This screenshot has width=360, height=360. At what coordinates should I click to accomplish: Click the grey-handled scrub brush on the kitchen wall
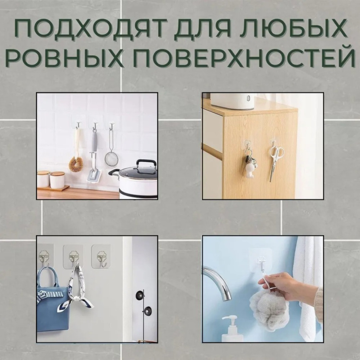click(x=94, y=158)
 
